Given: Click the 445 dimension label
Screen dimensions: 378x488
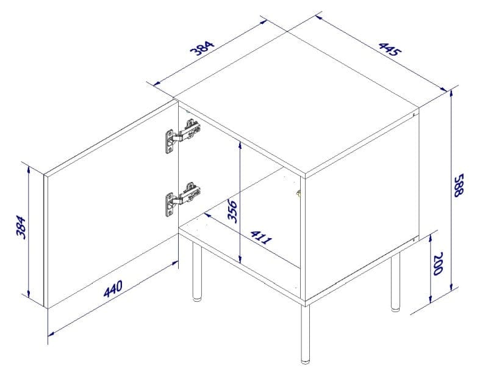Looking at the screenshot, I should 390,48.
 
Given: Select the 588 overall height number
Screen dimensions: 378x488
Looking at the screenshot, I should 458,186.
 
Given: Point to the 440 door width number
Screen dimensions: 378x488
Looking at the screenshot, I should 113,289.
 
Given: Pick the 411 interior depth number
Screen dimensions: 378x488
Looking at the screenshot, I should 261,238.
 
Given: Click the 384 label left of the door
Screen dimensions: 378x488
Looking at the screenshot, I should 21,227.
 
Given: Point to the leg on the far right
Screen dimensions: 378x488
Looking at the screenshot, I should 395,284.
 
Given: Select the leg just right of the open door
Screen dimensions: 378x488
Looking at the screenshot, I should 196,272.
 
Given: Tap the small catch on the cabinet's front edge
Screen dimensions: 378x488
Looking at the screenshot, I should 298,194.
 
